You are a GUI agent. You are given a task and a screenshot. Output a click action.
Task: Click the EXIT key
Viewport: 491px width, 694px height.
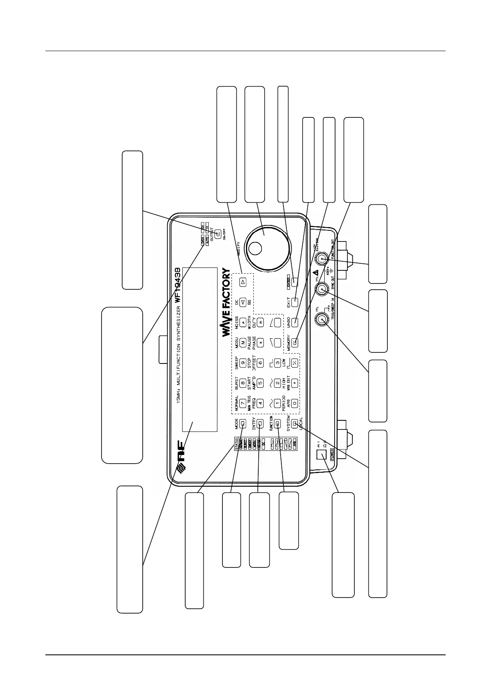(295, 302)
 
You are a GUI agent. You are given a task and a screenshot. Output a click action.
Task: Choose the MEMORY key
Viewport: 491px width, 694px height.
(295, 342)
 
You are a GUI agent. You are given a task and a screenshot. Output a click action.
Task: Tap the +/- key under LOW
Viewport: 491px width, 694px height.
(295, 363)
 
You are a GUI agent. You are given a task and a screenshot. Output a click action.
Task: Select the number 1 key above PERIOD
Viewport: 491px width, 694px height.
(277, 402)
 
